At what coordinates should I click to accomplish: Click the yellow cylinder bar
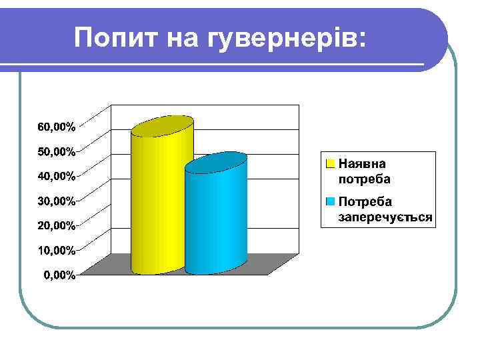162,200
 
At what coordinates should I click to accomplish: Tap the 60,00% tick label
55,127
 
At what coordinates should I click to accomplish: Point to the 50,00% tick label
55,151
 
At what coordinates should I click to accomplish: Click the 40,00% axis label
55,176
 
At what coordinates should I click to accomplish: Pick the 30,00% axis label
55,201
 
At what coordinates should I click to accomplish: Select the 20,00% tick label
55,225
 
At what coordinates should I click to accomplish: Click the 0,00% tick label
59,275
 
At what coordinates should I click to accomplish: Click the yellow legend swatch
330,163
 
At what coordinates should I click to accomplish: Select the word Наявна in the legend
362,164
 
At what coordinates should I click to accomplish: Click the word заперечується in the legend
385,217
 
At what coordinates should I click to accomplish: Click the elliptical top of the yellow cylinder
162,126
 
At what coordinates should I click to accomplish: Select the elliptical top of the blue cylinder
215,162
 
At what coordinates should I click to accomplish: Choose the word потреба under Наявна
364,179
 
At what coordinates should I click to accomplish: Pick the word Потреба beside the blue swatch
365,201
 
